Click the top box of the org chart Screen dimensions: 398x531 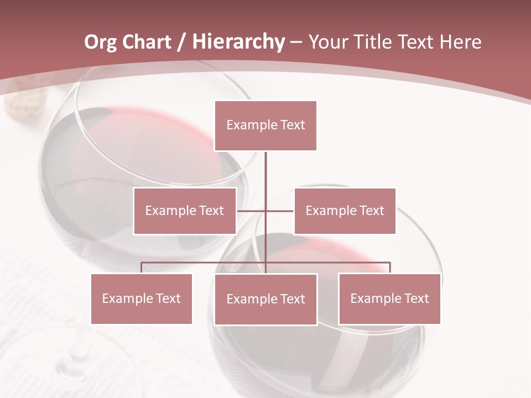pos(265,125)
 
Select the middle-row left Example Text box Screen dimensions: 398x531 pos(185,211)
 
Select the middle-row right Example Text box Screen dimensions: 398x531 pos(345,211)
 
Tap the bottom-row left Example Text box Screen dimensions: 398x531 pos(142,299)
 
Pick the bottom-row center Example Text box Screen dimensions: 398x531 pos(265,300)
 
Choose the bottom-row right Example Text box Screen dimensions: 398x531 pos(389,299)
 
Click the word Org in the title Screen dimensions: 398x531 pos(100,42)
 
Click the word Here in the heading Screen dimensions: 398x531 pos(460,42)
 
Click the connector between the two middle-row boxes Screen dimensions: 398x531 pos(265,211)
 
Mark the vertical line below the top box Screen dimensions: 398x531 pos(266,169)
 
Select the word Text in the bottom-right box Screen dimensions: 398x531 pos(416,299)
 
